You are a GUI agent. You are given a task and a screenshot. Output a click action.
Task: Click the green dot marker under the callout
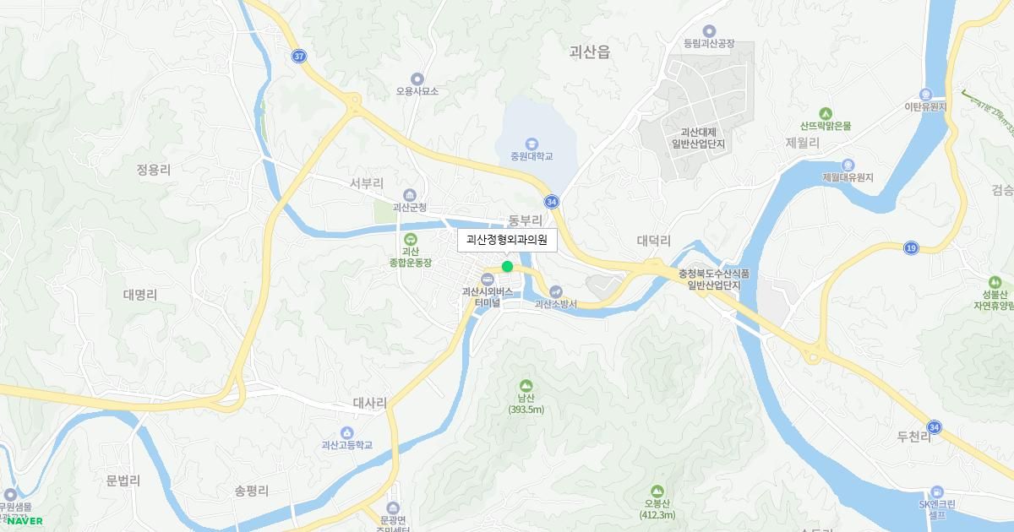point(507,267)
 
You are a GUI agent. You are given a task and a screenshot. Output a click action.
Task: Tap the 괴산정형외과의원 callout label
point(507,241)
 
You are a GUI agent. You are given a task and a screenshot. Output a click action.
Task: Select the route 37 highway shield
point(298,56)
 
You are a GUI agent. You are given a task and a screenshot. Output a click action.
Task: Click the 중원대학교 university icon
point(531,144)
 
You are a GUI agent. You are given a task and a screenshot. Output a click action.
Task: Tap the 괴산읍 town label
point(590,52)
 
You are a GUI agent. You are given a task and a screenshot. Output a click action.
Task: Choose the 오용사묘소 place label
point(417,91)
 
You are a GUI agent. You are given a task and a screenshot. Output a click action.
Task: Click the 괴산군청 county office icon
point(410,195)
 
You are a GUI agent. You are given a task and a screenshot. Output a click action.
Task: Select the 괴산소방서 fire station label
point(556,304)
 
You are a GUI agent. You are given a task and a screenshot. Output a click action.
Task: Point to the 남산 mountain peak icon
point(526,385)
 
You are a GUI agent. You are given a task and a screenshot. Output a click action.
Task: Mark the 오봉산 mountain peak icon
point(657,491)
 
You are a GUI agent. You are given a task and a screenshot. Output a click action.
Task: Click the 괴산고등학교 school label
point(346,445)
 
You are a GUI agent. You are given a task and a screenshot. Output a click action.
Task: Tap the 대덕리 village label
point(653,241)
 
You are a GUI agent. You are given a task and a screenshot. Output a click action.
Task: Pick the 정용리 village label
point(153,170)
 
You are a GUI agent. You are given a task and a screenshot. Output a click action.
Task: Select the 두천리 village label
point(913,437)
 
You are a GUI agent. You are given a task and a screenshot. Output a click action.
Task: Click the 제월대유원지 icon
point(848,165)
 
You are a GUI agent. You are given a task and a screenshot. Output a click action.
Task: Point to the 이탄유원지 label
point(925,107)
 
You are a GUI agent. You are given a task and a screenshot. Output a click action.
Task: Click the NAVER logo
point(25,521)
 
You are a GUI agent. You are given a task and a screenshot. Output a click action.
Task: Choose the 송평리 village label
point(252,490)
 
